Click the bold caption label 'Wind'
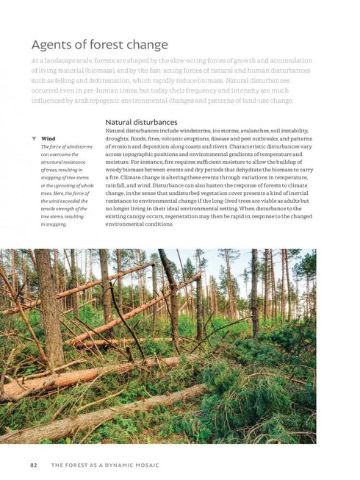coord(48,138)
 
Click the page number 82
coord(34,465)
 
